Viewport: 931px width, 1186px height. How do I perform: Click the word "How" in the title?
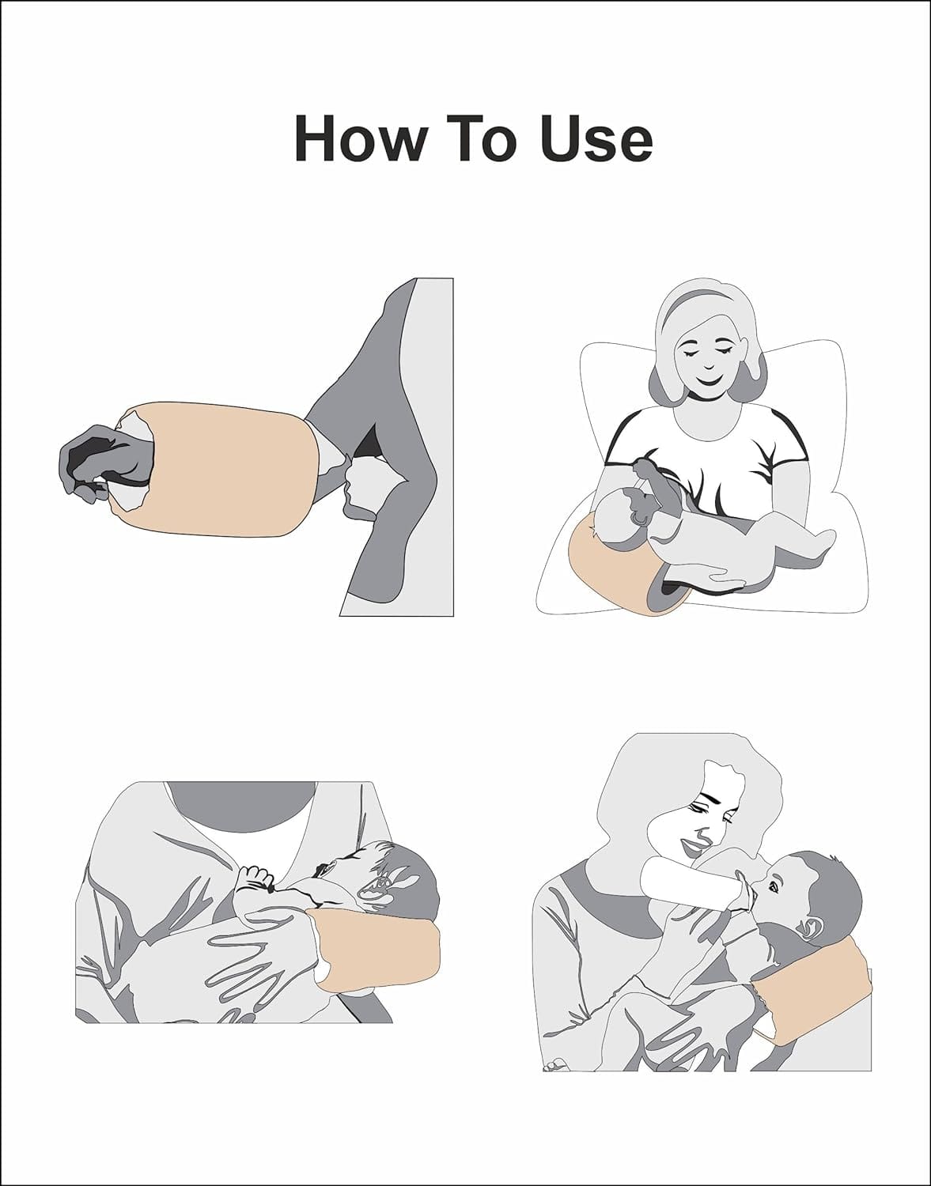(359, 139)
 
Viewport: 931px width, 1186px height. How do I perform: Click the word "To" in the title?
(487, 139)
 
